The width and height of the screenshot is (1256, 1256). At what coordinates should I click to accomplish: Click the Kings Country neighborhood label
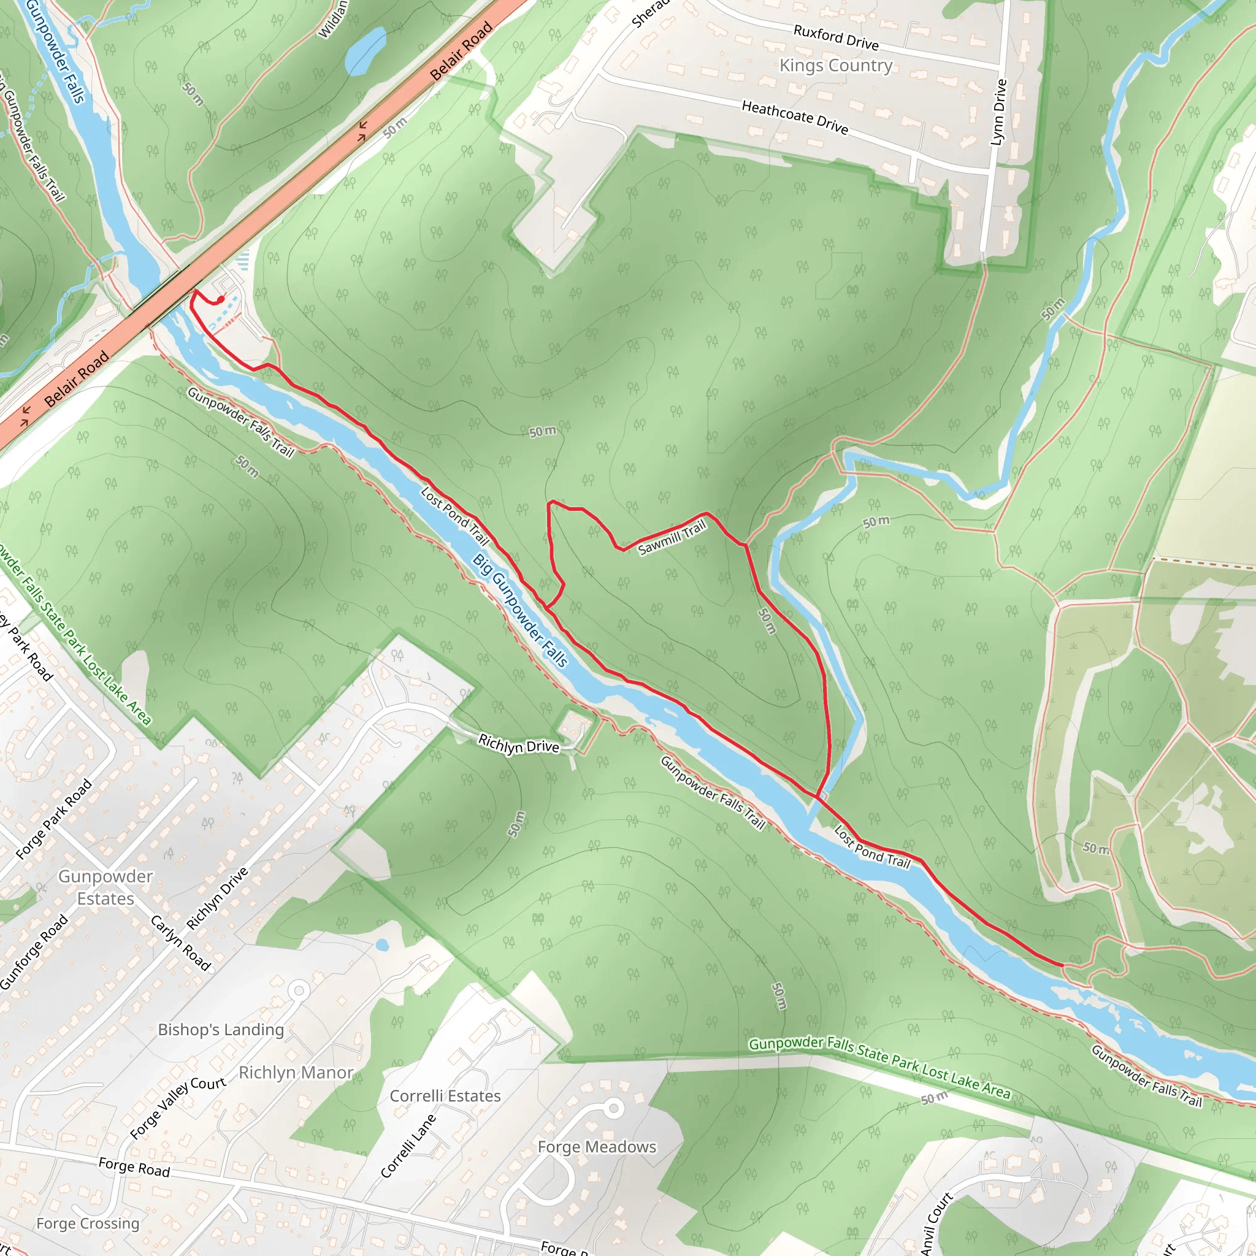pos(835,66)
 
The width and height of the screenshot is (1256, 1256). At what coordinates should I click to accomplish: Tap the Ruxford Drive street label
pos(835,37)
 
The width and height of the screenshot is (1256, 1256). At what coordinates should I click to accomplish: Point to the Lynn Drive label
pos(998,112)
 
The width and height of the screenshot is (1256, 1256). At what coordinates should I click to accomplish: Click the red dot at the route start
pos(221,299)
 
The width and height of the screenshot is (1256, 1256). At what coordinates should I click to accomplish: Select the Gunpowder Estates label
pos(105,887)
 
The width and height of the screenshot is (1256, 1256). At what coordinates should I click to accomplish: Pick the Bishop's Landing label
pos(221,1030)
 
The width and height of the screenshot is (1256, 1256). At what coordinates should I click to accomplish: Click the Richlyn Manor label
pos(296,1073)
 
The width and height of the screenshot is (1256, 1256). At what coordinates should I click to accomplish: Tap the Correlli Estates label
pos(445,1096)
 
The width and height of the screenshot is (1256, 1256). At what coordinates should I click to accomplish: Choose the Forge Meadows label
pos(597,1147)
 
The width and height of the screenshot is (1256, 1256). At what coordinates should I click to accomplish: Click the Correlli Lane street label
pos(408,1146)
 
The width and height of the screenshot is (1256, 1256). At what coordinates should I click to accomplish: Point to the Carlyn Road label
pos(181,943)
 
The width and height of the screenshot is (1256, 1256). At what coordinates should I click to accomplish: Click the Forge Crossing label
pos(88,1223)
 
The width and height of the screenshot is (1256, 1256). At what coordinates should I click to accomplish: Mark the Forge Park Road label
pos(53,819)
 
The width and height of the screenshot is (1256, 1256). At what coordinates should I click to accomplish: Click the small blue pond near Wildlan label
pos(366,50)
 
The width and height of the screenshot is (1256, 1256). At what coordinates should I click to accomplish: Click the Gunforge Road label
pos(34,952)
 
